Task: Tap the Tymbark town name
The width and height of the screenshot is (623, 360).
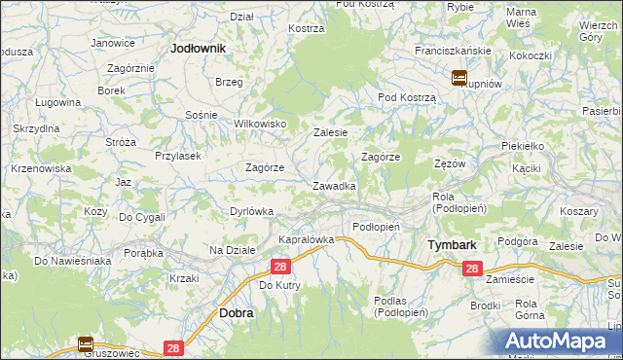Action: click(x=452, y=245)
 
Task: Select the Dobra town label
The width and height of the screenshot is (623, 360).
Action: click(x=237, y=313)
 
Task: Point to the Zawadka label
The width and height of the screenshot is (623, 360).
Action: click(x=333, y=185)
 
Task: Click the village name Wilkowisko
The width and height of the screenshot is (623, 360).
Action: click(x=260, y=124)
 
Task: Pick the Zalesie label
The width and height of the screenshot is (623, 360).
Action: click(x=330, y=131)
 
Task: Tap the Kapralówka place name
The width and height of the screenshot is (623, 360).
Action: click(x=307, y=238)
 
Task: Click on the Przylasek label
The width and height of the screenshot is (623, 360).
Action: click(x=177, y=155)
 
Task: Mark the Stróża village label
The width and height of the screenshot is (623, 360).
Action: click(x=121, y=142)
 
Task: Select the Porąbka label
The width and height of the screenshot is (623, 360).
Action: click(x=142, y=253)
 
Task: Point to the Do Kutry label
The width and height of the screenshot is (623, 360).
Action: click(x=279, y=285)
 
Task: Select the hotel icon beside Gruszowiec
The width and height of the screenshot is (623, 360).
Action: click(x=85, y=343)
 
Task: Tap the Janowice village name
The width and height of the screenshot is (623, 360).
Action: click(x=113, y=43)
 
